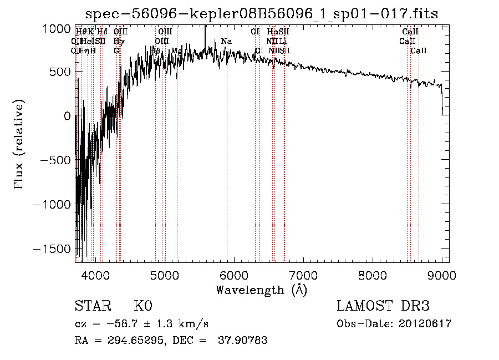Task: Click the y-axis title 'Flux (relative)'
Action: point(19,145)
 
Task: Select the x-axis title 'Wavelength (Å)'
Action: point(261,290)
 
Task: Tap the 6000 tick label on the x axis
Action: point(233,274)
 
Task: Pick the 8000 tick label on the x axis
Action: point(372,274)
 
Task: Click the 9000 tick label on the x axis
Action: point(441,274)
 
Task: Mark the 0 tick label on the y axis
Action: point(67,116)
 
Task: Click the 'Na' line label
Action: point(226,41)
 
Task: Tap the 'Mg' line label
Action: point(176,50)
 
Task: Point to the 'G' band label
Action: point(116,50)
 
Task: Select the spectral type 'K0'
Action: point(143,306)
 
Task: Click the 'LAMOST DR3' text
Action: point(383,306)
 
